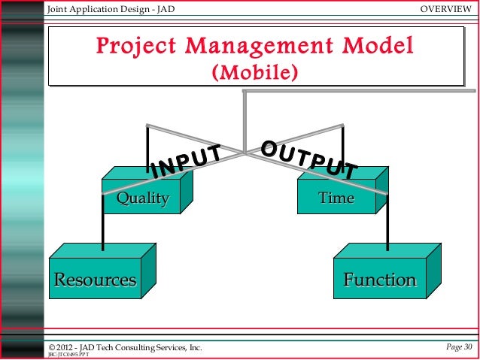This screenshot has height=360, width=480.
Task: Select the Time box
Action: (x=336, y=198)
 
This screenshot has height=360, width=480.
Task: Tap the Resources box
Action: (x=95, y=280)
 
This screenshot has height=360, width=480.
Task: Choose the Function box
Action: (x=380, y=280)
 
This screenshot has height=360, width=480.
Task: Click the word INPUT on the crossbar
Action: (x=185, y=162)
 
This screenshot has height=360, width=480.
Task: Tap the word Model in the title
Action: (x=376, y=47)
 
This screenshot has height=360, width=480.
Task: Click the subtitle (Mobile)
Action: (x=256, y=74)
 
